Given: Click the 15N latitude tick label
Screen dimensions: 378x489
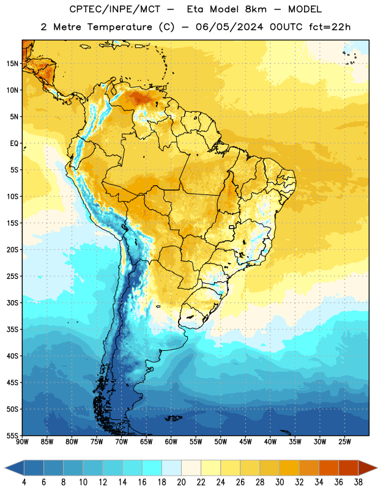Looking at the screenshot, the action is (x=12, y=64).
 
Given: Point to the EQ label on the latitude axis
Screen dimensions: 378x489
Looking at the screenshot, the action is (x=14, y=144).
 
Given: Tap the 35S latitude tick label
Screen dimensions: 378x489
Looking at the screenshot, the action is (x=12, y=329).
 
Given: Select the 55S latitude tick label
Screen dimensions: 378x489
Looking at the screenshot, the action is (x=12, y=435).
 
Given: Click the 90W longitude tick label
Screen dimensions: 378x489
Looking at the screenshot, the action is (x=22, y=442).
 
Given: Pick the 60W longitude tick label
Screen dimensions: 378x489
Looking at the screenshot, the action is (x=171, y=442).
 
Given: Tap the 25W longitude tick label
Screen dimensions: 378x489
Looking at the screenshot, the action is (x=344, y=442).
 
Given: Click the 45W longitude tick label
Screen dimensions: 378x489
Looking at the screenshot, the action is (x=245, y=442).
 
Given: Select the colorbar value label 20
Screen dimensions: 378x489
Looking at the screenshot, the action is (x=181, y=482).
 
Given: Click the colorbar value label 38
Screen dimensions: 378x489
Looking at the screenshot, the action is (x=358, y=482).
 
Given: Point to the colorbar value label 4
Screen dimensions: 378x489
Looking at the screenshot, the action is (x=24, y=482).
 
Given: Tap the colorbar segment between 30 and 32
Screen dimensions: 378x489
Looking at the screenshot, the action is (x=289, y=468).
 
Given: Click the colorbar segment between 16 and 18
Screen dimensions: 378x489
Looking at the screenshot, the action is (x=152, y=468).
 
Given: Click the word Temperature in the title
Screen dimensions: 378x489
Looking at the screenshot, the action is (x=119, y=27).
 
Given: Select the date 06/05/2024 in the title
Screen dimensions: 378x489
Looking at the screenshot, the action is (x=229, y=27).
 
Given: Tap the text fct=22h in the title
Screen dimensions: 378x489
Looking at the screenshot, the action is (x=330, y=27).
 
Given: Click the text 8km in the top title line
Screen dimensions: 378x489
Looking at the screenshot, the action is (x=256, y=9).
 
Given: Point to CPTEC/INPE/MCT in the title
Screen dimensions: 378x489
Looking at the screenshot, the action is (x=115, y=9).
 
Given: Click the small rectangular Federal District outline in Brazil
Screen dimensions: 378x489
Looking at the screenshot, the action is (x=232, y=227).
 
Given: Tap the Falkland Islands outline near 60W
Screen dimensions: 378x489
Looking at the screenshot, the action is (x=174, y=418).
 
